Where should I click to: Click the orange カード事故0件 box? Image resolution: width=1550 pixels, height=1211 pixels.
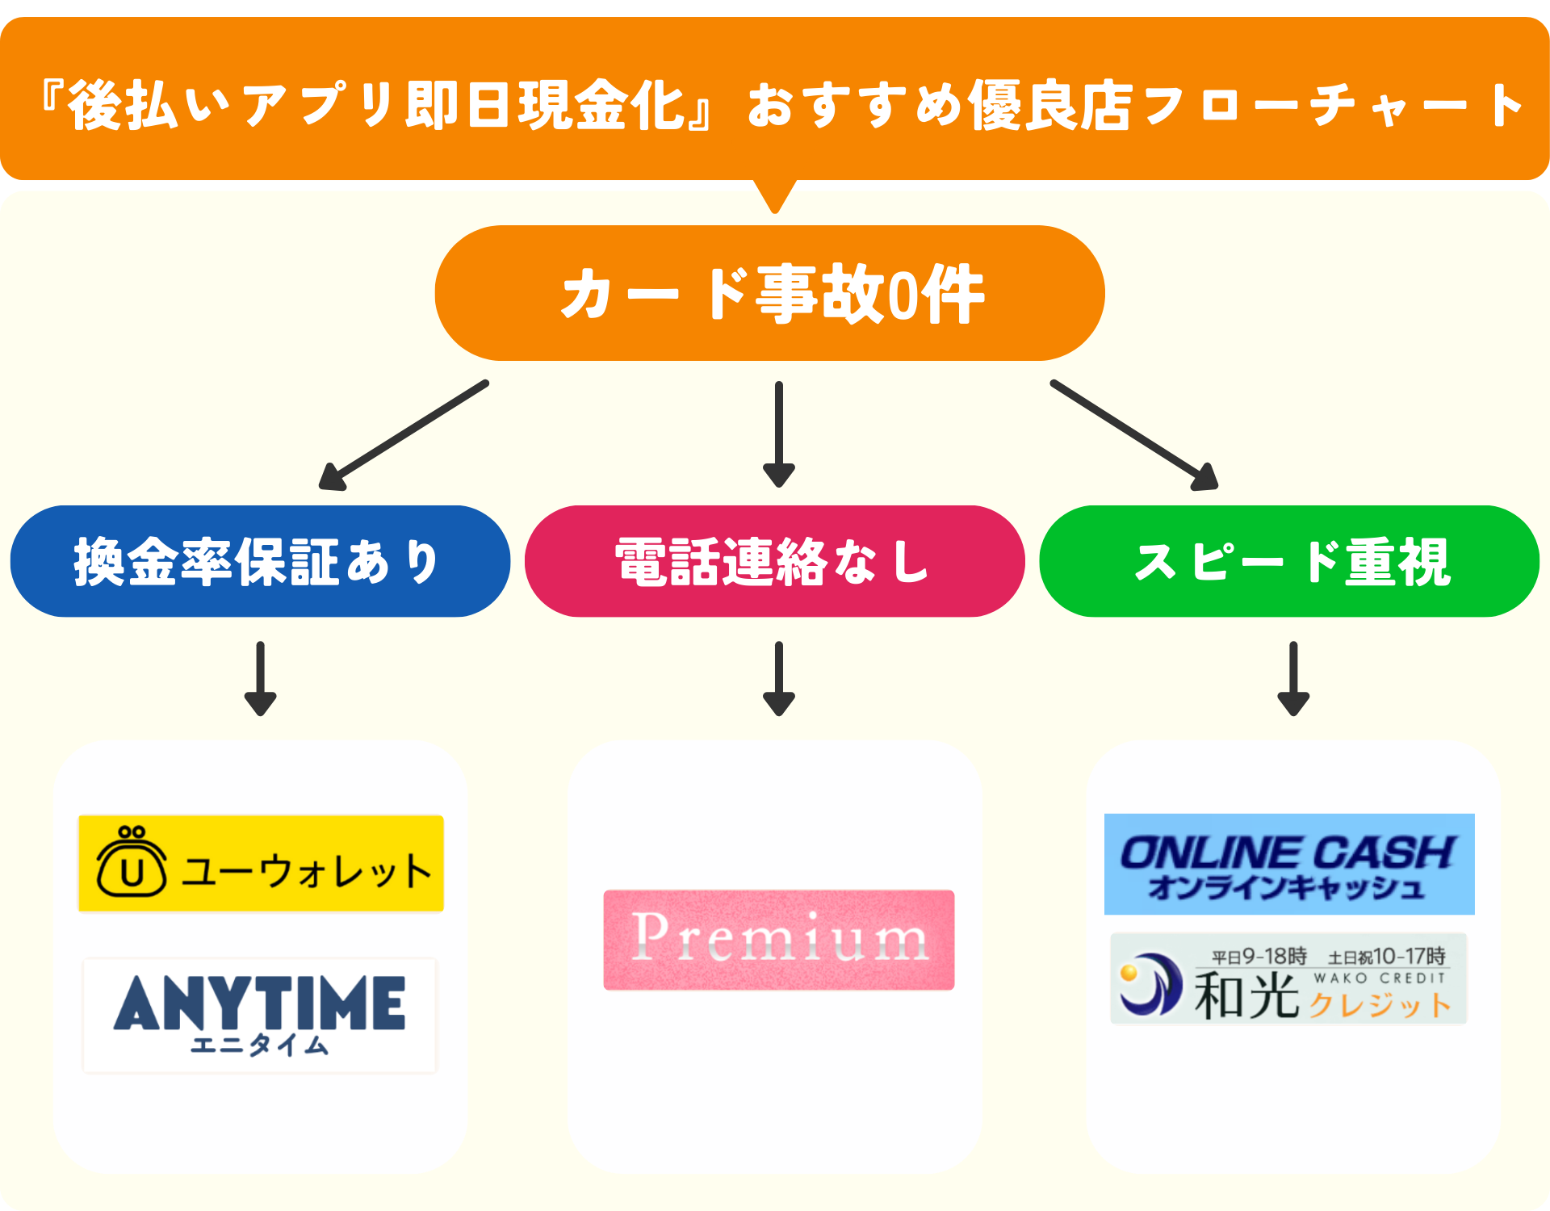(x=769, y=294)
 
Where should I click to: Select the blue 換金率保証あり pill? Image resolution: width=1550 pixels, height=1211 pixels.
(x=260, y=562)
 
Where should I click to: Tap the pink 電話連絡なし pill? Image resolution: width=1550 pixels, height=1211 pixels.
(x=774, y=562)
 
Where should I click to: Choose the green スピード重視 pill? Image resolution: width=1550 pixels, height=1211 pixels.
(x=1289, y=562)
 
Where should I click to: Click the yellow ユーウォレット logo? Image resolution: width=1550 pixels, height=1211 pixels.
(x=261, y=863)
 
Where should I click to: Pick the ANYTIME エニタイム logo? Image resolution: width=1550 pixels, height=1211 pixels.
(x=259, y=1015)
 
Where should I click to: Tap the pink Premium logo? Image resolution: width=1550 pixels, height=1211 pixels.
(x=778, y=940)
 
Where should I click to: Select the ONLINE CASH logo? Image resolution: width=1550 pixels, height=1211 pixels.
(x=1289, y=864)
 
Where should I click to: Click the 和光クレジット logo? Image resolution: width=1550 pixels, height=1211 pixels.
(x=1288, y=978)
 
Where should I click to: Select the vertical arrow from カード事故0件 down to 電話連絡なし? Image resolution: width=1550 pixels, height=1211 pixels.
(x=778, y=434)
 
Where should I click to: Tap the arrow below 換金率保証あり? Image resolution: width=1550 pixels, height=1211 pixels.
(x=260, y=678)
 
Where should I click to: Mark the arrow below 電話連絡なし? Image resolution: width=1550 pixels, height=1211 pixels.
(x=778, y=678)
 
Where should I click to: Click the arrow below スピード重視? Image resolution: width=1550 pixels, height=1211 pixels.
(x=1292, y=678)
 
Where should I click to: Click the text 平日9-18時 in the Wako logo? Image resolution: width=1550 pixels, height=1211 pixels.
(x=1259, y=957)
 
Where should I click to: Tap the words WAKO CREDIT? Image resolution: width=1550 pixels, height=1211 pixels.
(x=1379, y=978)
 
